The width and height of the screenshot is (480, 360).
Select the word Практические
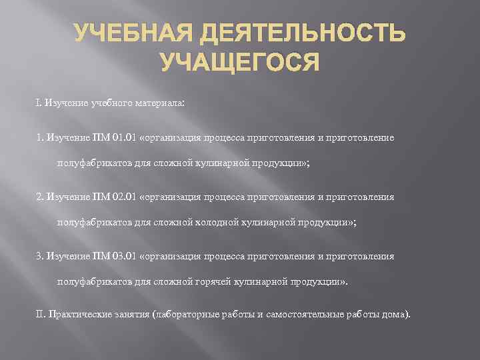pyautogui.click(x=76, y=314)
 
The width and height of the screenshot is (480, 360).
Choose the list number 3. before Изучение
pyautogui.click(x=39, y=256)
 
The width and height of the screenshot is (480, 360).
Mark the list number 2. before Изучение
pyautogui.click(x=39, y=197)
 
